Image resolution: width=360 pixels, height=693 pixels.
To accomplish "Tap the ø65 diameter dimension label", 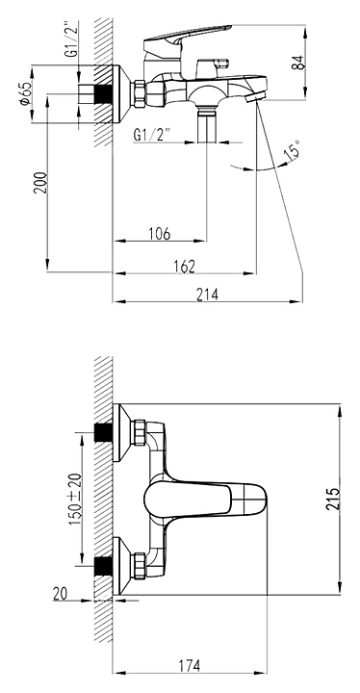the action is pos(25,93).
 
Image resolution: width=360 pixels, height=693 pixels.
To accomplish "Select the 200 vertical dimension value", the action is pos(40,182).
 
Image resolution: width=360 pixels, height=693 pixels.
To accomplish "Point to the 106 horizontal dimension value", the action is pos(160,233).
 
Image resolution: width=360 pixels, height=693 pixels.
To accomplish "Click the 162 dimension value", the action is pos(184,266).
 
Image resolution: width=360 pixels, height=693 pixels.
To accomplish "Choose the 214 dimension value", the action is pos(207,294).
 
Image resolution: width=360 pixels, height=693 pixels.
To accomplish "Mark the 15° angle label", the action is pos(292,150).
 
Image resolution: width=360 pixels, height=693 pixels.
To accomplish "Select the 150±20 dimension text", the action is pos(75,499).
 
